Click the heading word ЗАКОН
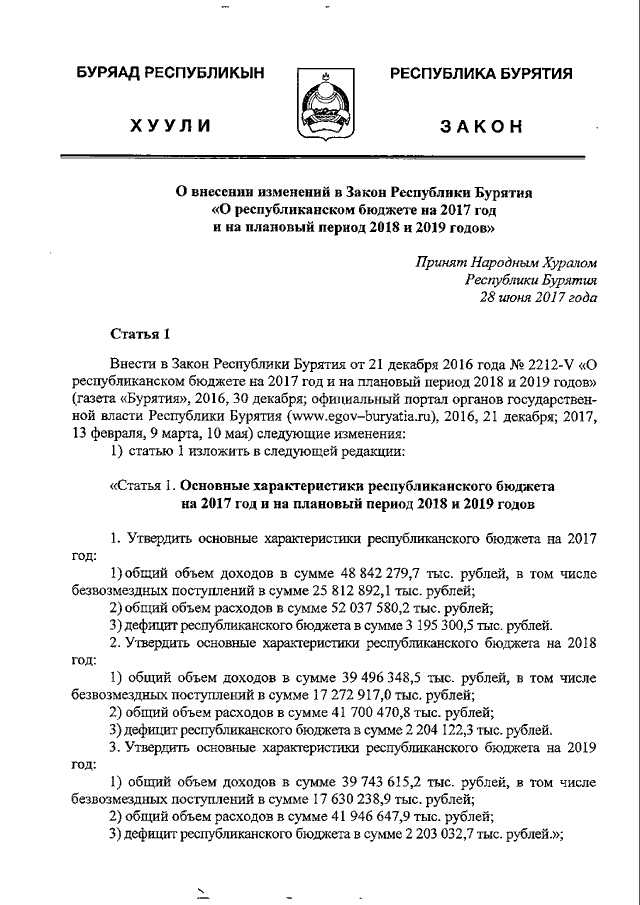(481, 127)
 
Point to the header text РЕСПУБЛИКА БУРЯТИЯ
(480, 75)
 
